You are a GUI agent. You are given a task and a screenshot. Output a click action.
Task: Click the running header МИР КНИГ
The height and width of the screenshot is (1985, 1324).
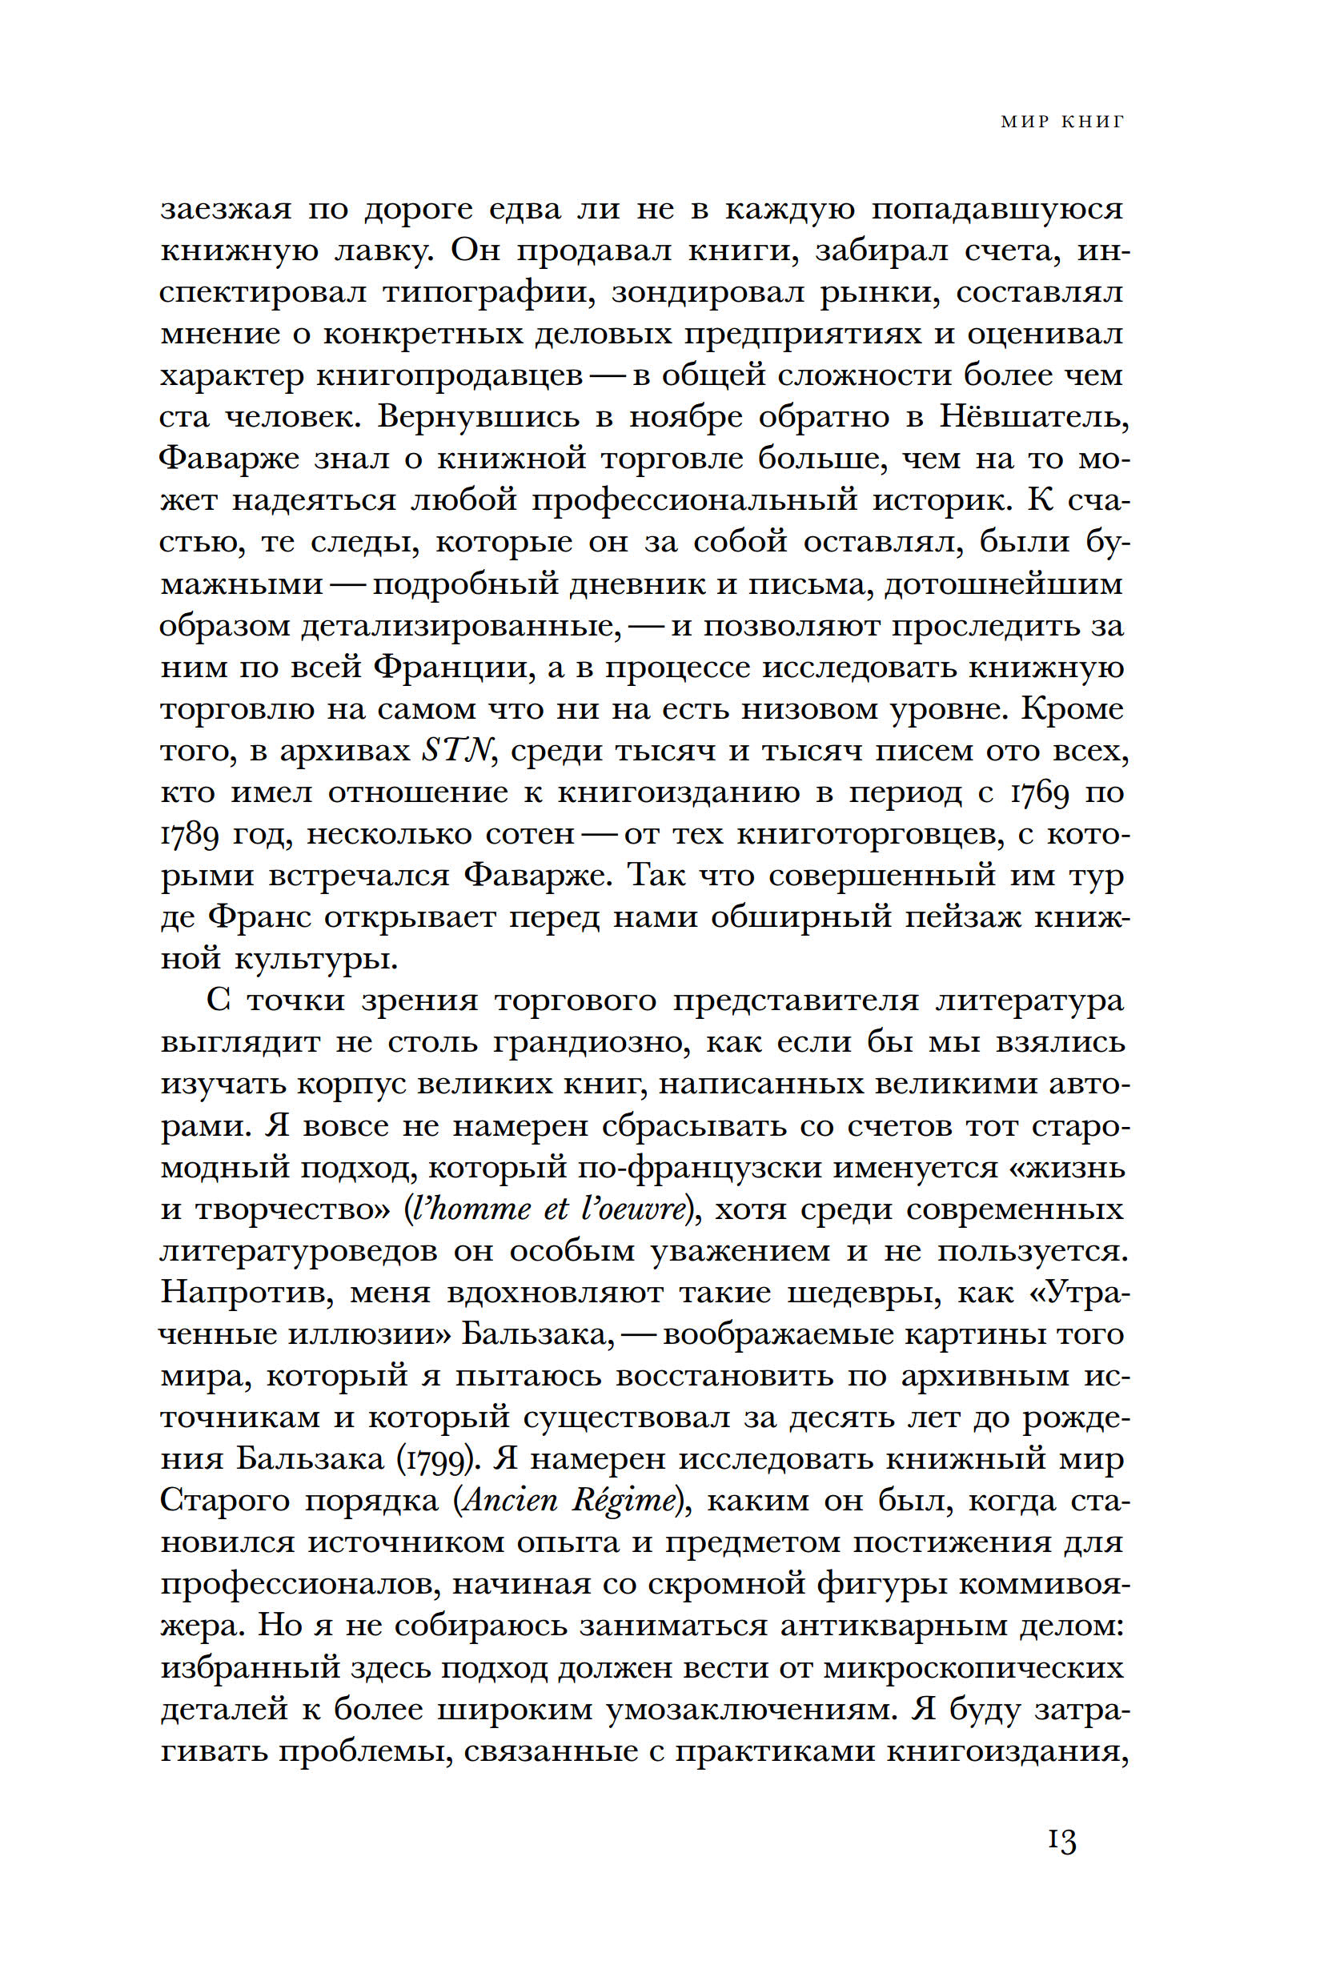click(1062, 122)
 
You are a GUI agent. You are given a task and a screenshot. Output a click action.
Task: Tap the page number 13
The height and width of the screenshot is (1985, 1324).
click(1062, 1865)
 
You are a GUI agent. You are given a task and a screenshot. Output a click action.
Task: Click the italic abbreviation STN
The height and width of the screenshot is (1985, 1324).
click(456, 750)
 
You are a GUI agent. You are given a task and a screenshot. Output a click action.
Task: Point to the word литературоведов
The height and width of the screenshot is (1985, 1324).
click(299, 1250)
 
